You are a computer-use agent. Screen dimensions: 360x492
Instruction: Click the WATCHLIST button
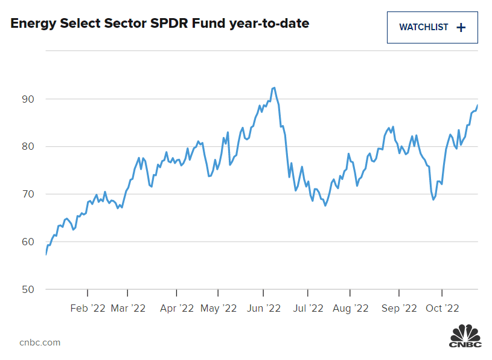tap(432, 27)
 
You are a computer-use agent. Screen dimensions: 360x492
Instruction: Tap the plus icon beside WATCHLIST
tap(461, 27)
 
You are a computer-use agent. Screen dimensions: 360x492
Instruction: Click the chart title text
tap(159, 24)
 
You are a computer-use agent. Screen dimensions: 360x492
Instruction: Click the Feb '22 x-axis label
tap(88, 308)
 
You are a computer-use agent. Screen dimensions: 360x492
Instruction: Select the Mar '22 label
tap(128, 308)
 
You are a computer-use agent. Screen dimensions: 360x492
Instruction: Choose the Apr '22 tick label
tap(176, 308)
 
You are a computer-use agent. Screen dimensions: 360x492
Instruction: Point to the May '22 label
tap(219, 308)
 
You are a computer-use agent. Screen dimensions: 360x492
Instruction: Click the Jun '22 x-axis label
tap(264, 308)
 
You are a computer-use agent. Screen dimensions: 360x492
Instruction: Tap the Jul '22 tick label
tap(308, 308)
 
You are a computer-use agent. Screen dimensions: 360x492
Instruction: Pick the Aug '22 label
tap(351, 308)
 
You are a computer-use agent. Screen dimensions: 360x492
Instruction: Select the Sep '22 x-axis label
tap(400, 308)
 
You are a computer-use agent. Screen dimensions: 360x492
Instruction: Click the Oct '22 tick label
tap(442, 308)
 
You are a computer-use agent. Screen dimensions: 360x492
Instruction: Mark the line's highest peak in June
tap(275, 88)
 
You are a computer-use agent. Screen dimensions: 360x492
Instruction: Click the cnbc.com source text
tap(40, 342)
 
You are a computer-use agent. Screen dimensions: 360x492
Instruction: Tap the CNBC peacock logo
tap(465, 336)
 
